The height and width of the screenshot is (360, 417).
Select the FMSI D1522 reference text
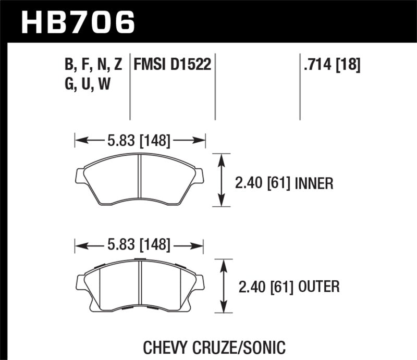coord(172,65)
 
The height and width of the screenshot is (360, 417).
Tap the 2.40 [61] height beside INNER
coord(263,183)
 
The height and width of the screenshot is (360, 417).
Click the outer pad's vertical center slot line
coord(141,284)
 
